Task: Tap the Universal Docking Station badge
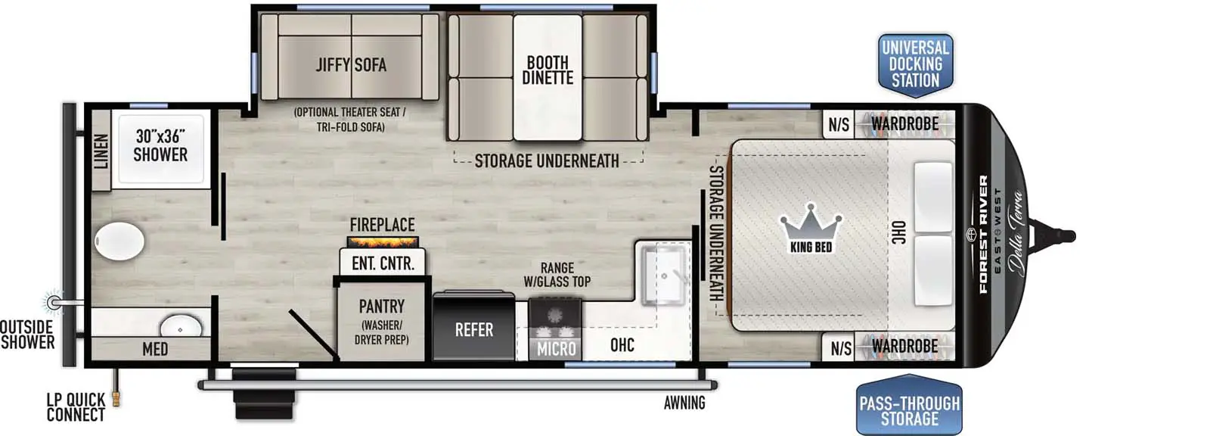(915, 64)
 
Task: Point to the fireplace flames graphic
(383, 242)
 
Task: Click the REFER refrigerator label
(474, 330)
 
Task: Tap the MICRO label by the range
(557, 349)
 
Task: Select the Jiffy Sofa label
(351, 65)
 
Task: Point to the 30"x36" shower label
(160, 145)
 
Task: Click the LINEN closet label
(101, 151)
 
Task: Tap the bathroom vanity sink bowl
(181, 327)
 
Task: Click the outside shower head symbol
(54, 303)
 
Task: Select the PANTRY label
(381, 307)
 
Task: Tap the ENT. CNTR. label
(383, 263)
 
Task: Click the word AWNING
(684, 403)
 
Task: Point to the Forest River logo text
(983, 235)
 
